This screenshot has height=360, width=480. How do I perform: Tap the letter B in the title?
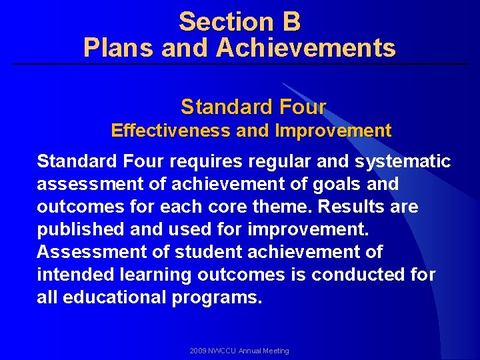pyautogui.click(x=291, y=22)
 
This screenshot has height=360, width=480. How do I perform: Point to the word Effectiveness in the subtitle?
pyautogui.click(x=171, y=131)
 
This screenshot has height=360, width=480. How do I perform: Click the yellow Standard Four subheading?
pyautogui.click(x=253, y=107)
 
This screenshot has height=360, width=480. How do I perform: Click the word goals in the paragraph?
pyautogui.click(x=349, y=184)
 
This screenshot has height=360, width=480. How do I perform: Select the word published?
pyautogui.click(x=75, y=229)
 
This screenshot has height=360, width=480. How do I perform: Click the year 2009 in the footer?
pyautogui.click(x=198, y=351)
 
